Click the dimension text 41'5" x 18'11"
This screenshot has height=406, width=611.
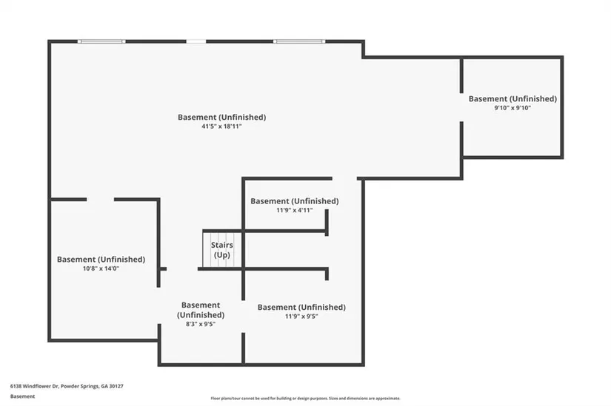[x=221, y=126]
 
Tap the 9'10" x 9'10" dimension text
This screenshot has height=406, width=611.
[x=512, y=108]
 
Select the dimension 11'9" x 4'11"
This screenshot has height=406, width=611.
[x=294, y=210]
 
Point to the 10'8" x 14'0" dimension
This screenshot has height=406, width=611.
[x=101, y=268]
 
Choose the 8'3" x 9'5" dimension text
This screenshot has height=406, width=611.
[x=200, y=323]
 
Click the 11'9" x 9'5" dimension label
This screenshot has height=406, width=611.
[x=301, y=317]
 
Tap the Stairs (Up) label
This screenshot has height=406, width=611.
[x=222, y=250]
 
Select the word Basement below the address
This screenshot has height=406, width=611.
[x=22, y=396]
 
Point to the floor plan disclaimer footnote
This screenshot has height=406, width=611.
[x=305, y=397]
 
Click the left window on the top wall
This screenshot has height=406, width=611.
[x=102, y=41]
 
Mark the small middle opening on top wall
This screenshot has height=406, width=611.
[x=196, y=41]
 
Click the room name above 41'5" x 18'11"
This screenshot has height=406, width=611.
[x=221, y=117]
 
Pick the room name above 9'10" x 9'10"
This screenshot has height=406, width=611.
[x=512, y=98]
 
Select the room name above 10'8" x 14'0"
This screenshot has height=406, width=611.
[x=101, y=259]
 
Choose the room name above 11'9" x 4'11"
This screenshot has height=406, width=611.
[x=294, y=200]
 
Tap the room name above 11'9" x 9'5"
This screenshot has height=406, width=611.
[x=301, y=307]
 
